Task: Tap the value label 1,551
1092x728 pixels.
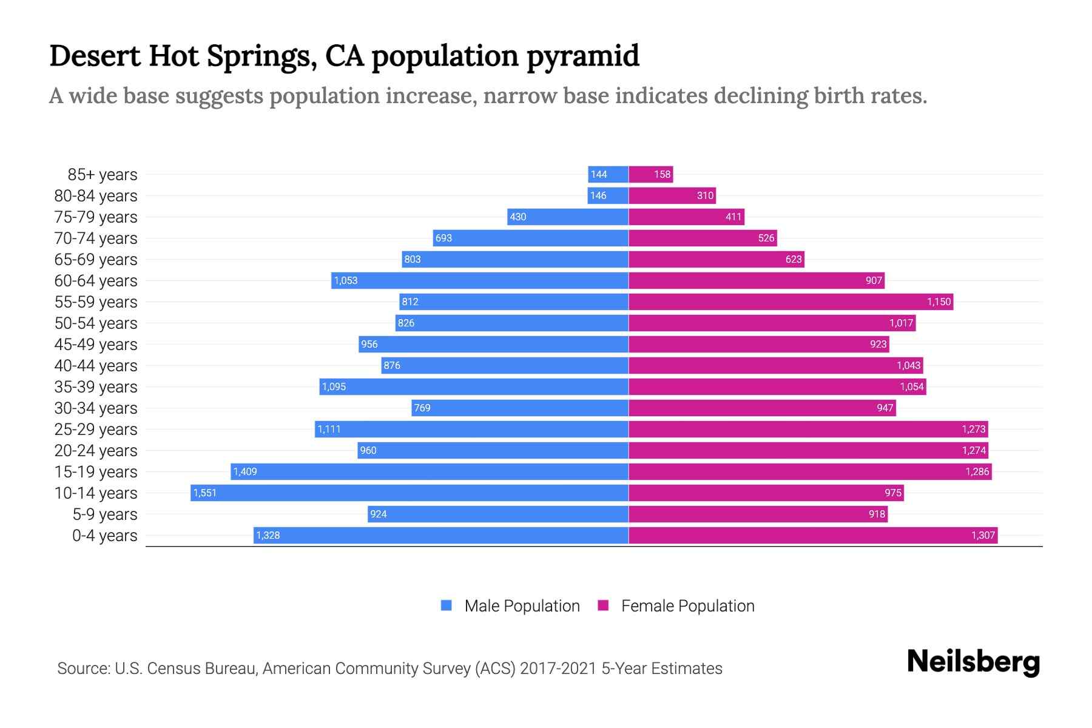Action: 205,493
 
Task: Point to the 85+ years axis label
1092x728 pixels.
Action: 103,175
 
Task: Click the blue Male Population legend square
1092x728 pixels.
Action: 447,605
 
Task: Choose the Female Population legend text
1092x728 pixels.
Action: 687,606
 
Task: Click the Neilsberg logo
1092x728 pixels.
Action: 973,662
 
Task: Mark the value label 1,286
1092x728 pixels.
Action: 977,472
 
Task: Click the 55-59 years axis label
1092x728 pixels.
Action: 96,302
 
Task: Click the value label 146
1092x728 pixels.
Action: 598,196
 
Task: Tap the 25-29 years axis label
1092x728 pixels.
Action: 96,430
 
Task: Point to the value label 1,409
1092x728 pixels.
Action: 245,472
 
